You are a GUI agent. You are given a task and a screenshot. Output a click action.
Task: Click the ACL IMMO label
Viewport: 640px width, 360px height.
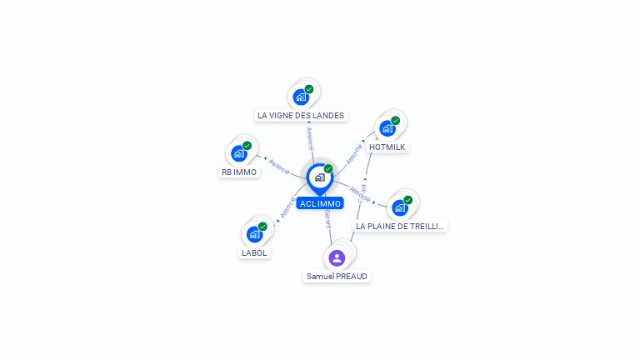click(x=320, y=203)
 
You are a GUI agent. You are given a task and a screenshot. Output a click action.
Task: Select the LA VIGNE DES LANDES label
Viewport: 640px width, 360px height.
click(x=301, y=116)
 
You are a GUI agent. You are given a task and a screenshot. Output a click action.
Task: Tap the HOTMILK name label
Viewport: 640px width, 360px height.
click(x=387, y=147)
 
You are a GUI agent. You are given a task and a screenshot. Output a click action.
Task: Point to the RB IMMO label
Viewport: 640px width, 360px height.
click(x=239, y=172)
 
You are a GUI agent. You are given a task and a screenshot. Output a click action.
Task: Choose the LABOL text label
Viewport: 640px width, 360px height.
click(x=255, y=252)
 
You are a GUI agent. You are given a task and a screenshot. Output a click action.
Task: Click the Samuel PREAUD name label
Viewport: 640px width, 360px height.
click(x=337, y=276)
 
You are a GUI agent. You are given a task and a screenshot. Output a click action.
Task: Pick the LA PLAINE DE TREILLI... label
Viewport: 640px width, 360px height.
click(x=401, y=226)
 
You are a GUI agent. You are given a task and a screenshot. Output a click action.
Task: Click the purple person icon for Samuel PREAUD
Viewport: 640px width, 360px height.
click(x=337, y=257)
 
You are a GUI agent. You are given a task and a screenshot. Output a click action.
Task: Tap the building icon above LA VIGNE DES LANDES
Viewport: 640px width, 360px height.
click(x=301, y=97)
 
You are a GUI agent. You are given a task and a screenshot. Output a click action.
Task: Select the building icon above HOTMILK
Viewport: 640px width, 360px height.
click(x=387, y=128)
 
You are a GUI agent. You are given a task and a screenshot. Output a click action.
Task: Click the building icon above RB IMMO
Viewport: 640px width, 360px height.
click(x=239, y=153)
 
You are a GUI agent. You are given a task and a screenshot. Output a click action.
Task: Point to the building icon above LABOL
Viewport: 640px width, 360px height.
click(x=255, y=234)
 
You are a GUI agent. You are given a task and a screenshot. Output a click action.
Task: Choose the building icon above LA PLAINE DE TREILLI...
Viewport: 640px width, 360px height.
click(x=401, y=207)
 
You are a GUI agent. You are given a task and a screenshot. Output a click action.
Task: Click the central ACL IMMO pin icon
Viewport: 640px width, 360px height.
click(x=319, y=177)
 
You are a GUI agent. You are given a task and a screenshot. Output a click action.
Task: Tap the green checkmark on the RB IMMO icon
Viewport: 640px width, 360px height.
click(x=247, y=146)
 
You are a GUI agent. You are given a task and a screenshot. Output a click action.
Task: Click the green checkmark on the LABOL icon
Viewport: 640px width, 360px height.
click(x=262, y=227)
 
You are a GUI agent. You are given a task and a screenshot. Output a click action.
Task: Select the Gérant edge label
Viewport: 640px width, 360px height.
click(x=327, y=219)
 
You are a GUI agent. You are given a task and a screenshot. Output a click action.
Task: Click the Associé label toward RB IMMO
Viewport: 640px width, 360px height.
click(x=279, y=166)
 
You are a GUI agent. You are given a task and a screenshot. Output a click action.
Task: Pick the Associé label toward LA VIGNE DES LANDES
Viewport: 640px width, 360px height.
click(x=310, y=137)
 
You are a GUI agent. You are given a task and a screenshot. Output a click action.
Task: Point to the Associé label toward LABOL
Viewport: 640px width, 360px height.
click(x=287, y=208)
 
